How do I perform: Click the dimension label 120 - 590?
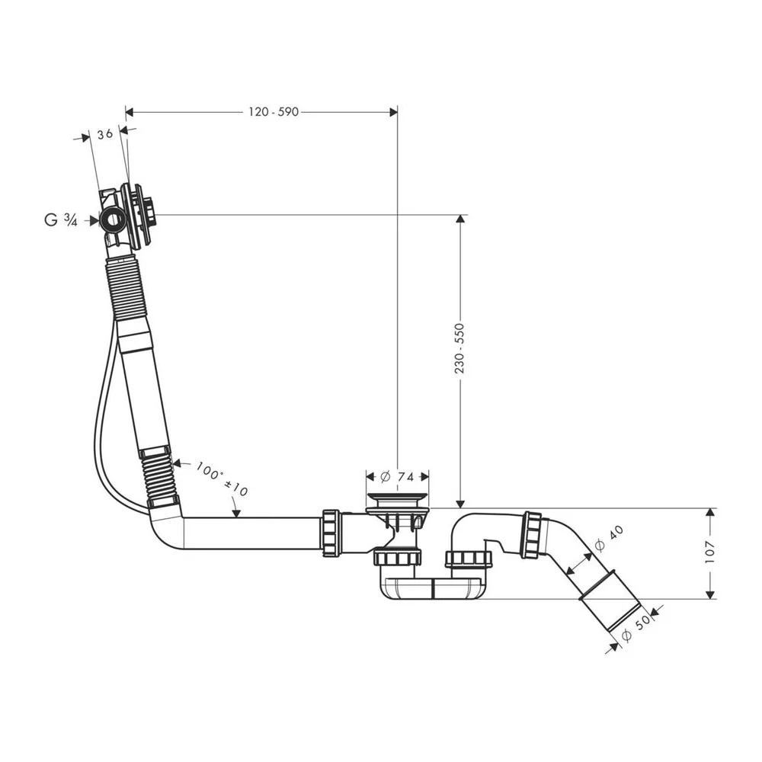tap(274, 112)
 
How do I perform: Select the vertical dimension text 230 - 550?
tap(459, 348)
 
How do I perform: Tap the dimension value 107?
tap(710, 552)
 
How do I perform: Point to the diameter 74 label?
tap(397, 477)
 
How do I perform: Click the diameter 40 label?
tap(609, 539)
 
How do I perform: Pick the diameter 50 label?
tap(636, 629)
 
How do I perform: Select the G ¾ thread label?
tap(61, 220)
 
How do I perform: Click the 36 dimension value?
tap(105, 134)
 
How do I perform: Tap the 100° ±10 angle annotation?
tap(222, 479)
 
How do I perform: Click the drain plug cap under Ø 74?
tap(397, 498)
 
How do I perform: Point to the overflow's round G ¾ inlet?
tap(114, 221)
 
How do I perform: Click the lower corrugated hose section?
tap(158, 477)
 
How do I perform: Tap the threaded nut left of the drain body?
tap(331, 533)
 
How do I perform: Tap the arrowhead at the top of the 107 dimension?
tap(710, 512)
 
